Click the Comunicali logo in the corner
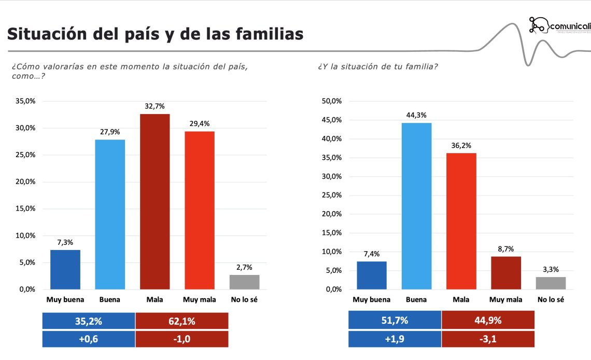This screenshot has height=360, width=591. click(559, 25)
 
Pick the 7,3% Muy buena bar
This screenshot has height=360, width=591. click(65, 269)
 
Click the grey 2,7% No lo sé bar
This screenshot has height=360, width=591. click(244, 282)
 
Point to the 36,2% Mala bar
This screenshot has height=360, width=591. click(461, 221)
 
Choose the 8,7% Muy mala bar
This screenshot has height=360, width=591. click(506, 272)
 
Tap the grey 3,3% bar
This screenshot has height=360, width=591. click(551, 283)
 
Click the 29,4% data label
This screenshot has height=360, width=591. click(200, 123)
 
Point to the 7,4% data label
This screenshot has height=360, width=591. click(371, 254)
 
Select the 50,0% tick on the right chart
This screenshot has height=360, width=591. click(332, 101)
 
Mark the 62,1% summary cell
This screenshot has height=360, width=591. click(181, 321)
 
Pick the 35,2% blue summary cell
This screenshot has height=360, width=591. click(88, 321)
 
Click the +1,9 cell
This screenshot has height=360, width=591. click(395, 339)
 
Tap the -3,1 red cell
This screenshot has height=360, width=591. click(488, 339)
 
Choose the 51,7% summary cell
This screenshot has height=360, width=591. click(395, 321)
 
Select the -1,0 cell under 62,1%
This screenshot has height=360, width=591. click(181, 339)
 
